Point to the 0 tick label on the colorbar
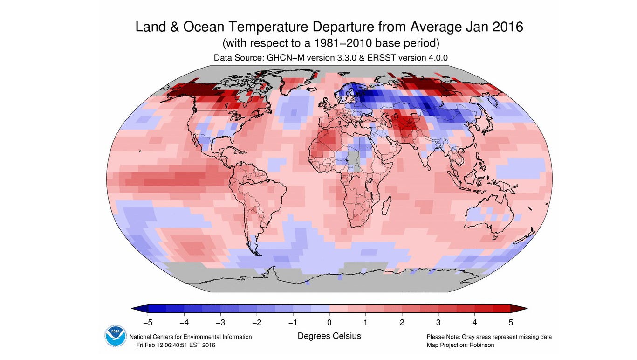click(x=329, y=323)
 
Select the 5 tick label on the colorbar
click(x=511, y=323)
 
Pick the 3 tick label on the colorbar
click(x=438, y=323)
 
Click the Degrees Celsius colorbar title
click(x=329, y=336)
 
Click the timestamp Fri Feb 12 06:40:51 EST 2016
click(x=176, y=345)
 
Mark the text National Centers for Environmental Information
click(x=190, y=337)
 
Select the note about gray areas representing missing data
click(x=489, y=337)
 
